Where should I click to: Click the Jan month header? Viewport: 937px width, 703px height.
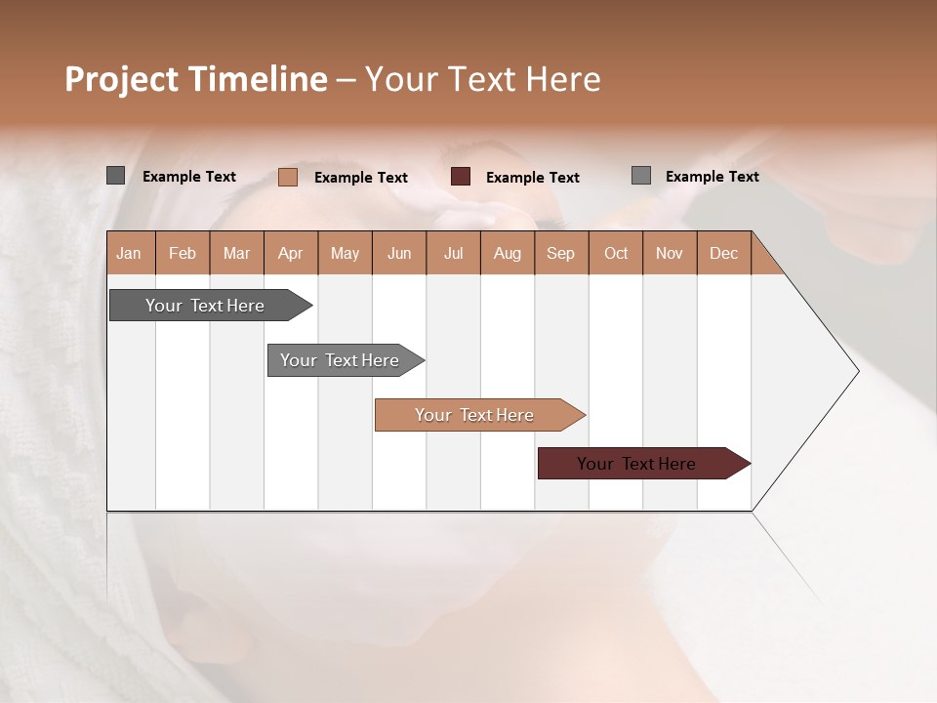(130, 253)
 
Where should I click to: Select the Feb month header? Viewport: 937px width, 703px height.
(183, 253)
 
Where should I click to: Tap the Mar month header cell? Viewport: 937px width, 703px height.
(236, 253)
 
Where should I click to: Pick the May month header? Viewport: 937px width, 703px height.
(345, 253)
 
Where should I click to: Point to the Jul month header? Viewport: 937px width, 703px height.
(453, 253)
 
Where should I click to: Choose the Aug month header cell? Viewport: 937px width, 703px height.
(507, 253)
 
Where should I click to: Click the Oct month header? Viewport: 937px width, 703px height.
(616, 253)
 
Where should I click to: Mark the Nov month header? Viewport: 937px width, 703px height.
(670, 253)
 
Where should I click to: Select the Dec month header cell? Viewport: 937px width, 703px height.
(723, 253)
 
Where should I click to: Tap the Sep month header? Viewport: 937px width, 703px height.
(561, 253)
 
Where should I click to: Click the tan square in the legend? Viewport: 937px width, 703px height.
(288, 177)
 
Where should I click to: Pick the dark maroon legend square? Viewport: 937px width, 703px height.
(461, 177)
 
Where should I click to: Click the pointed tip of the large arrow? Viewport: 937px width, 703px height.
(856, 371)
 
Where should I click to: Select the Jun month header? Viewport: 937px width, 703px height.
(399, 253)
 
